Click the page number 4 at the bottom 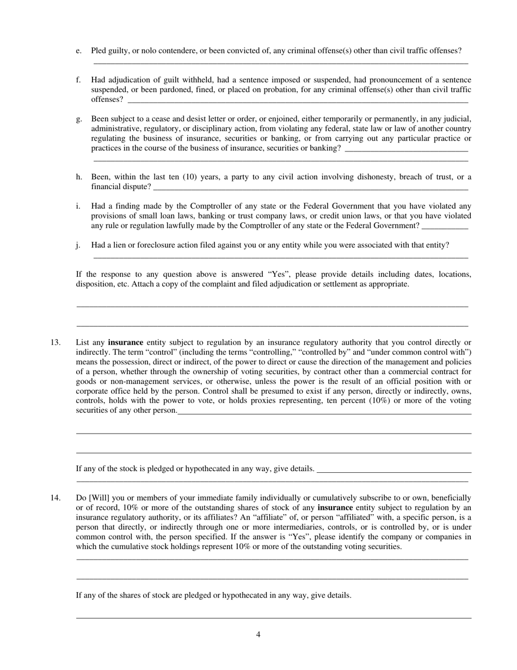pyautogui.click(x=258, y=635)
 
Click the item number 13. pyautogui.click(x=56, y=343)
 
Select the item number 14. pyautogui.click(x=56, y=498)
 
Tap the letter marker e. pyautogui.click(x=79, y=51)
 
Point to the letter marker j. pyautogui.click(x=78, y=245)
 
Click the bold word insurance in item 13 pyautogui.click(x=126, y=343)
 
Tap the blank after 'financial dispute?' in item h pyautogui.click(x=310, y=187)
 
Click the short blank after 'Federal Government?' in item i pyautogui.click(x=445, y=226)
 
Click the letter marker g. pyautogui.click(x=79, y=119)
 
